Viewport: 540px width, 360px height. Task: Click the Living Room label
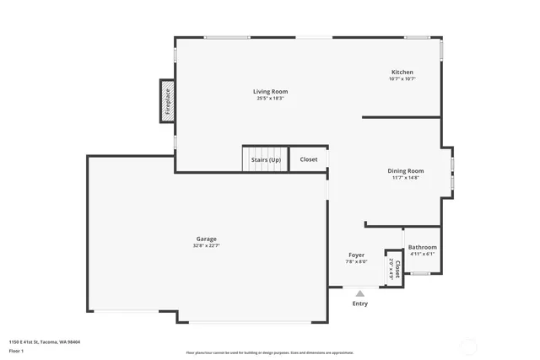(x=270, y=91)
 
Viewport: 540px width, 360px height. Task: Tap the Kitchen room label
(x=402, y=72)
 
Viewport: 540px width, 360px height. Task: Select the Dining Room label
(x=406, y=170)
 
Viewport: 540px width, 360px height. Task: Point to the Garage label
(x=207, y=239)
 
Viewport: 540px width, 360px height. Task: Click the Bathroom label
(x=422, y=247)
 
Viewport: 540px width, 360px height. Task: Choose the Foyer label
(x=356, y=255)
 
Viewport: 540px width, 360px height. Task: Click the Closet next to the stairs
(x=309, y=159)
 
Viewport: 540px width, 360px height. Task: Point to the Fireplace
(x=168, y=100)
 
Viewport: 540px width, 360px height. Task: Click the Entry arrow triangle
(x=359, y=294)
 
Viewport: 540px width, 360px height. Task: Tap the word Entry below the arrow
(x=359, y=304)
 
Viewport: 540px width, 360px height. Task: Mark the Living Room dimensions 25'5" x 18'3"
(x=270, y=99)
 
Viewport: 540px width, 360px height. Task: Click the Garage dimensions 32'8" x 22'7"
(x=207, y=246)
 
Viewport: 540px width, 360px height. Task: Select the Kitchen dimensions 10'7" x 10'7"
(x=402, y=79)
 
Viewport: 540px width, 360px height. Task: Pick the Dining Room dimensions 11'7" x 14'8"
(x=406, y=178)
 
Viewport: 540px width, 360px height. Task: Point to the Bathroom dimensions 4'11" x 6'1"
(x=422, y=254)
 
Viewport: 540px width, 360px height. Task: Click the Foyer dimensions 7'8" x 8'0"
(x=356, y=261)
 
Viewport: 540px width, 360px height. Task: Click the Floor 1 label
(x=16, y=350)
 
